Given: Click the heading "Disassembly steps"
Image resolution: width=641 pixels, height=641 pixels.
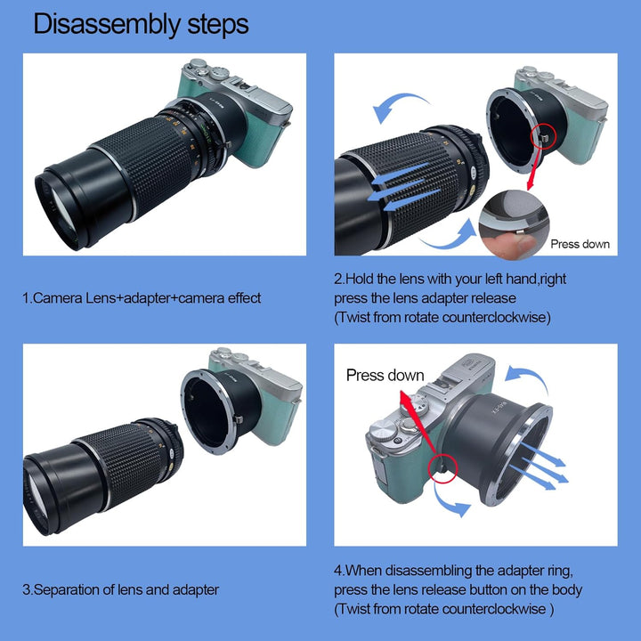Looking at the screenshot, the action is tap(141, 25).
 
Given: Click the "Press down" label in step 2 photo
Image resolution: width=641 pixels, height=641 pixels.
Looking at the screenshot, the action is tap(580, 244).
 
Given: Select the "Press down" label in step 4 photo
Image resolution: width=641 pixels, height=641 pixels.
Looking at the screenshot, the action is tap(385, 376).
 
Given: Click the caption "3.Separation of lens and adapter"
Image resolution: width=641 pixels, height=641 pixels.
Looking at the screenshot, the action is tap(120, 590).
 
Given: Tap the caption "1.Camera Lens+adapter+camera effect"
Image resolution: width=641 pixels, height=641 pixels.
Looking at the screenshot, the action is tap(142, 298).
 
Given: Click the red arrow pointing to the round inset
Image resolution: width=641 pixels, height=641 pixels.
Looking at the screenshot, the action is tap(536, 168).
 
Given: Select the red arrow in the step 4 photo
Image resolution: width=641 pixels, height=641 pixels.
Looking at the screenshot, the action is tap(416, 426).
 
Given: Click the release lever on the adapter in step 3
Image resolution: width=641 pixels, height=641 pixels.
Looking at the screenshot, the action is tap(239, 419).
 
